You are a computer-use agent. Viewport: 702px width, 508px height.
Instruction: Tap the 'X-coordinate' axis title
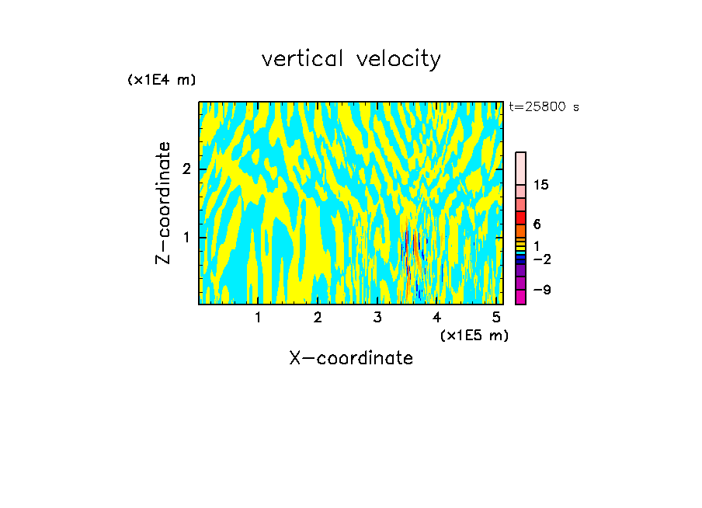(351, 358)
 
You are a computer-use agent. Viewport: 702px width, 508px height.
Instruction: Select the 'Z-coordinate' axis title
(163, 203)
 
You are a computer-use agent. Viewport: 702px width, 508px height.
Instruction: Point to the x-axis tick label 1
(258, 318)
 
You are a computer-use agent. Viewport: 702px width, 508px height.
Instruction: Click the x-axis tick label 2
(318, 318)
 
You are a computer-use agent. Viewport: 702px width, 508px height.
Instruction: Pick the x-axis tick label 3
(377, 318)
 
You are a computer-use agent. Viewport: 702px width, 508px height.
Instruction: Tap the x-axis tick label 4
(437, 318)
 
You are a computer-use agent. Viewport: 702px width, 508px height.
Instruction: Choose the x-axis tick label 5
(496, 318)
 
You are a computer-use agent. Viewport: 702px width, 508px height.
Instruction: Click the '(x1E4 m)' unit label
(162, 80)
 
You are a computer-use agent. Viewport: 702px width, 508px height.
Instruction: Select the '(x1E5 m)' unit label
(474, 335)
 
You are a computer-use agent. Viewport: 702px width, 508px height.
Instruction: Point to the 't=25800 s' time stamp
(544, 107)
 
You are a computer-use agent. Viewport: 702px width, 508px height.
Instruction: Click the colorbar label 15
(541, 185)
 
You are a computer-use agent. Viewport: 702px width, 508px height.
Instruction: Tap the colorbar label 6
(537, 224)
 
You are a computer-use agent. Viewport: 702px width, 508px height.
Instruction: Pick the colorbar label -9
(540, 290)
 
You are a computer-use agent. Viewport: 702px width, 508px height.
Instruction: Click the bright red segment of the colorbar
(520, 217)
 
